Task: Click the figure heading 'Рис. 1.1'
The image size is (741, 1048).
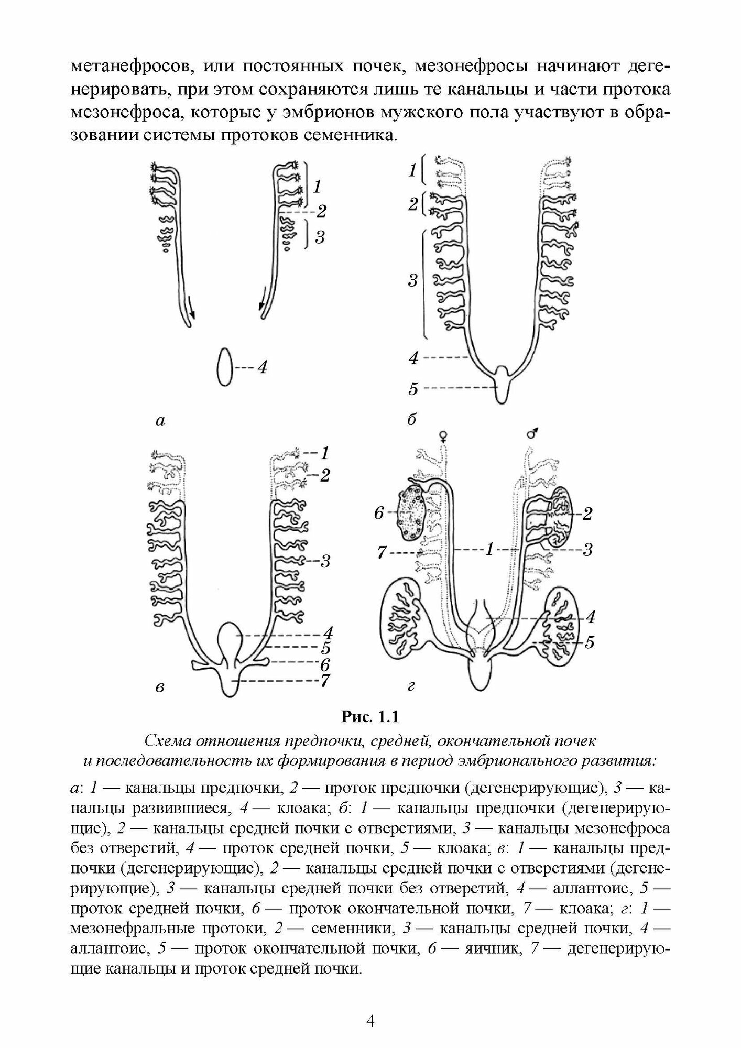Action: point(370,716)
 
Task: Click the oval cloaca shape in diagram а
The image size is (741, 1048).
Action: point(225,367)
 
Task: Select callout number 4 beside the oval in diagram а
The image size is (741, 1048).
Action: point(262,367)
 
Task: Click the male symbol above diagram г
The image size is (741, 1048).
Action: point(532,433)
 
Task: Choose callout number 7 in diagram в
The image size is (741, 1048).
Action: point(325,680)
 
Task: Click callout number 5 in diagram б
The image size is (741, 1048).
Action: point(413,389)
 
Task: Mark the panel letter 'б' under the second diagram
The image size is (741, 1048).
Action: point(412,419)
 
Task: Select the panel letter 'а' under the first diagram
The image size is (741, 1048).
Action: point(161,420)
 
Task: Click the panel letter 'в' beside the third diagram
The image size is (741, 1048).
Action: point(160,687)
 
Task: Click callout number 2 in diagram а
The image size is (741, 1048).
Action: point(321,211)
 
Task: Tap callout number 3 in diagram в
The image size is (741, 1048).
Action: point(325,561)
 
